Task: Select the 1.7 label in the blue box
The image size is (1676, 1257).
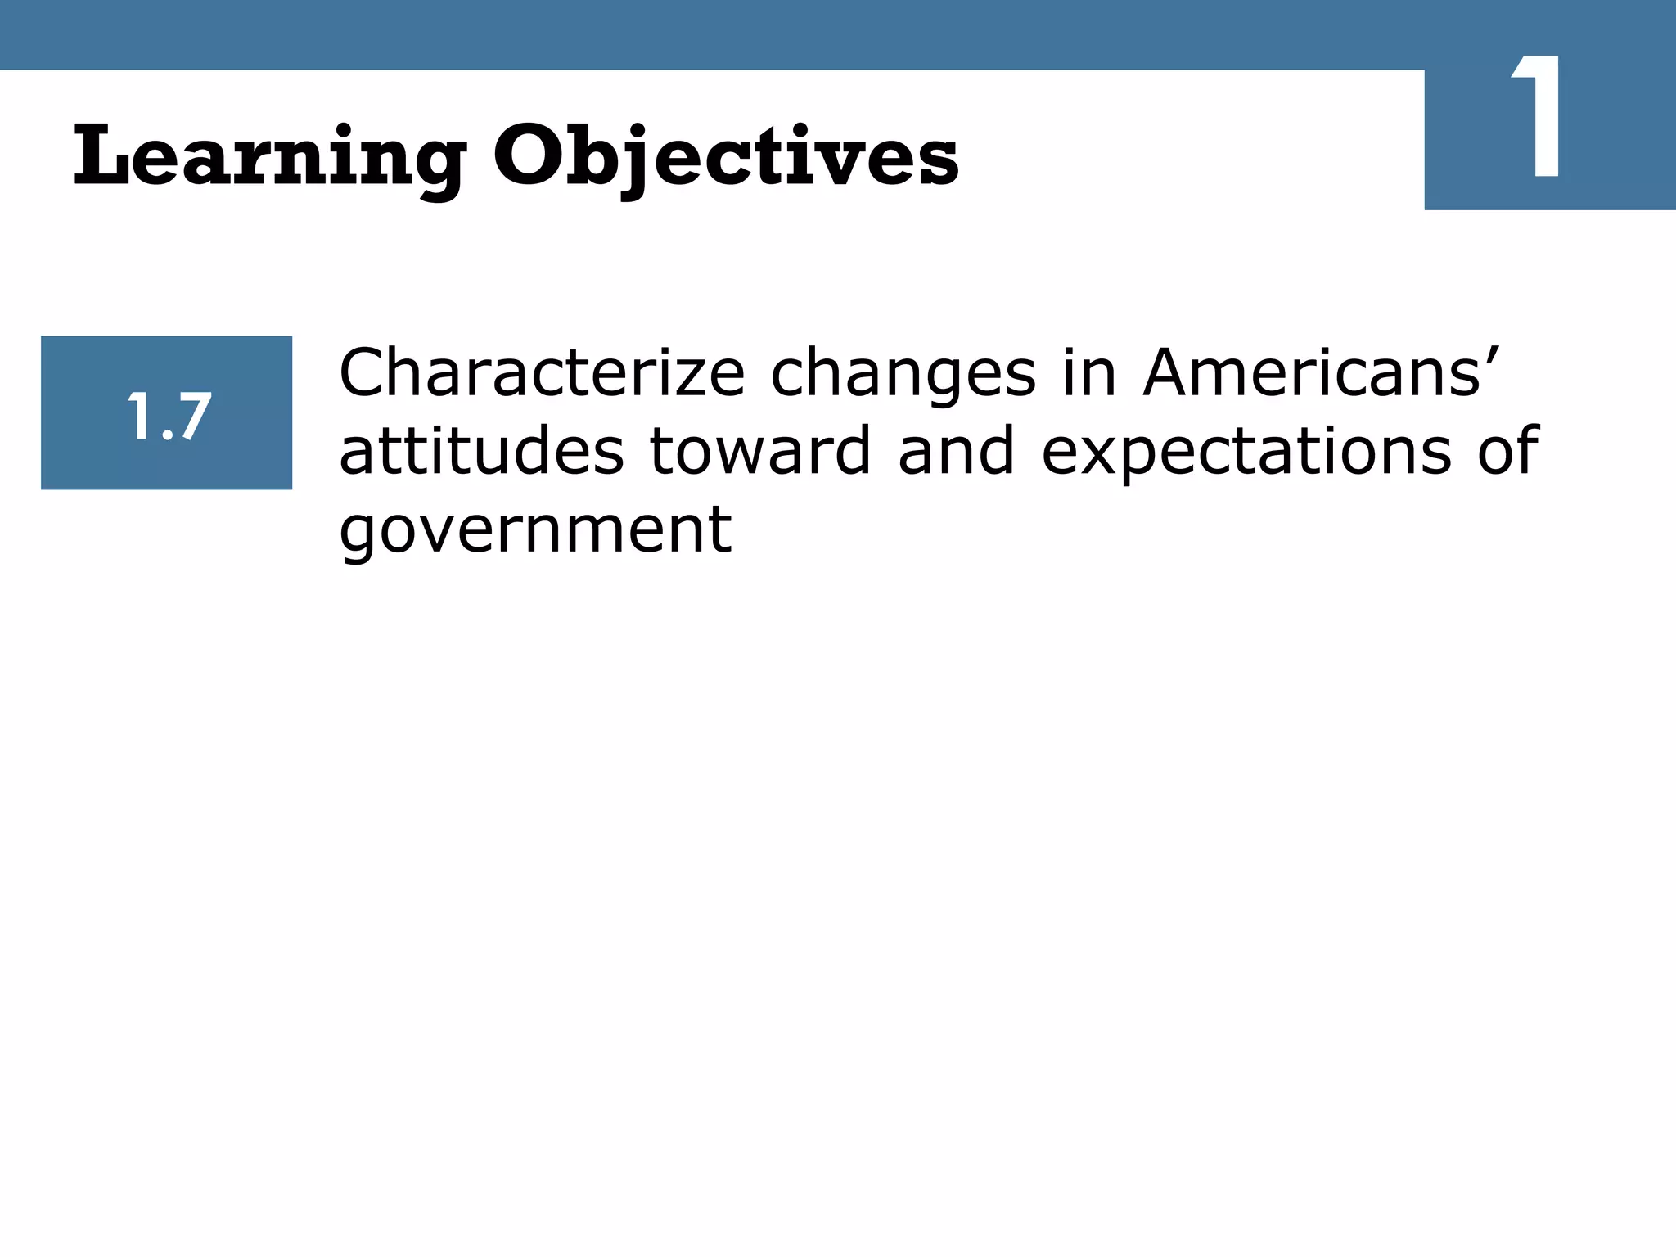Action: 168,416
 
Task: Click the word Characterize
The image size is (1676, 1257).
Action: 542,373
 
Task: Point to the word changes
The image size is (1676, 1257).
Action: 903,373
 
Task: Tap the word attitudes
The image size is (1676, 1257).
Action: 481,452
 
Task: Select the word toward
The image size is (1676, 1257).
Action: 760,452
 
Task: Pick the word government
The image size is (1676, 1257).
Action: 535,530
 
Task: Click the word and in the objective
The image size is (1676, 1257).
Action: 956,452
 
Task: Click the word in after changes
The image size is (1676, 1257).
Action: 1089,373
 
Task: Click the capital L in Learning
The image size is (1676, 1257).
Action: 103,155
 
